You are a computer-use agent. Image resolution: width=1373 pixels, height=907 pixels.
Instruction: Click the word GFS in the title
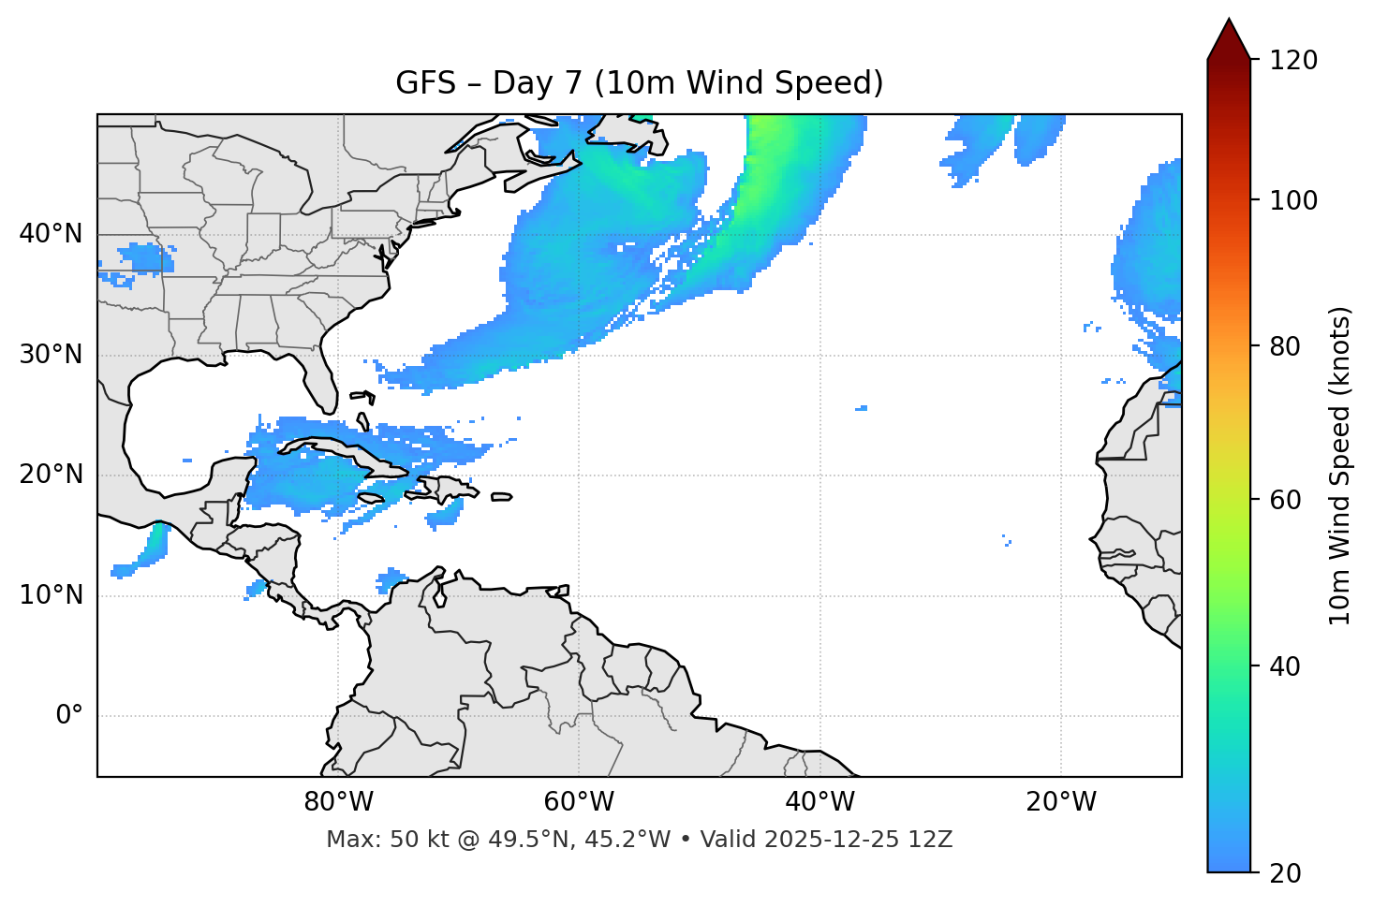[x=425, y=83]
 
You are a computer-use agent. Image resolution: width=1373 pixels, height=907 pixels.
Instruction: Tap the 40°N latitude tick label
[x=51, y=234]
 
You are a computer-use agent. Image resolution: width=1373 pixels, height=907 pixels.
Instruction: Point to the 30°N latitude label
[x=51, y=355]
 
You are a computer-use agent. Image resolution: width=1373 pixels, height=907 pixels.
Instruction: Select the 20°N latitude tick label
[x=51, y=475]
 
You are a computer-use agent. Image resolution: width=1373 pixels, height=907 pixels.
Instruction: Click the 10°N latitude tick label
[x=51, y=595]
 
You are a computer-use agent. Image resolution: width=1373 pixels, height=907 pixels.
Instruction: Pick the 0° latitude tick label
[x=69, y=716]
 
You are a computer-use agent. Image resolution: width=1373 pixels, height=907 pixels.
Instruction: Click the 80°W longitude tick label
[x=338, y=802]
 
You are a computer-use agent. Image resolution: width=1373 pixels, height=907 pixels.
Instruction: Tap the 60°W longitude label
[x=579, y=802]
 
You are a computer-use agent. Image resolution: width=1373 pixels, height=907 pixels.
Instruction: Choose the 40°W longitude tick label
[x=819, y=802]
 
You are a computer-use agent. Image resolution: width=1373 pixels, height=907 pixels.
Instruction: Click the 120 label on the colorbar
[x=1293, y=61]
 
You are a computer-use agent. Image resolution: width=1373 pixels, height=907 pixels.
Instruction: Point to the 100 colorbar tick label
[x=1293, y=200]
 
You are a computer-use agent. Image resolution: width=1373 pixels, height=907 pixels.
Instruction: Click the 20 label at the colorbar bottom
[x=1285, y=873]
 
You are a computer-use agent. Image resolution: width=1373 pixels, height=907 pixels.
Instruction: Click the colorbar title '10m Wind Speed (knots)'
[x=1340, y=465]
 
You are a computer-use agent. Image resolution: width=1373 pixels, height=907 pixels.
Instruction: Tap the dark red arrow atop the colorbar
[x=1229, y=42]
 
